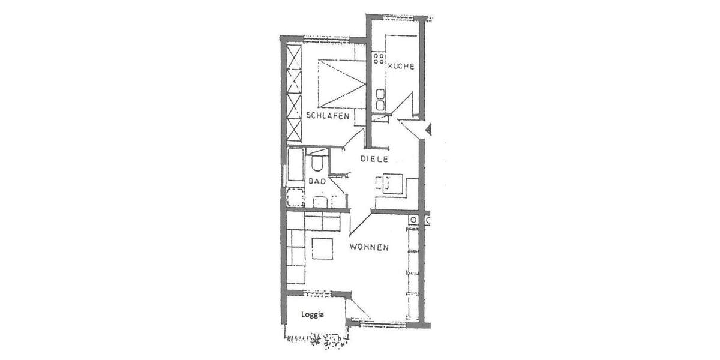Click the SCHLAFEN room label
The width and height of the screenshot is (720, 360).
pos(328,115)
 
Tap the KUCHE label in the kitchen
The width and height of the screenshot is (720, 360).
pos(401,66)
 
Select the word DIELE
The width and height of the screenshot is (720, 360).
pos(375,159)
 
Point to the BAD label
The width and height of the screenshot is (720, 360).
pos(317,181)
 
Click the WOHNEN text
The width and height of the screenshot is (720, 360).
pos(370,247)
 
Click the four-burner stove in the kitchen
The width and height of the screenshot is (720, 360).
pos(379,58)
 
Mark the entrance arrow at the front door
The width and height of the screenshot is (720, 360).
pos(428,129)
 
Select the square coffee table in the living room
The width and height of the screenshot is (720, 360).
pos(322,248)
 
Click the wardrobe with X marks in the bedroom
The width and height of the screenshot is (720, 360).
pos(293,93)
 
